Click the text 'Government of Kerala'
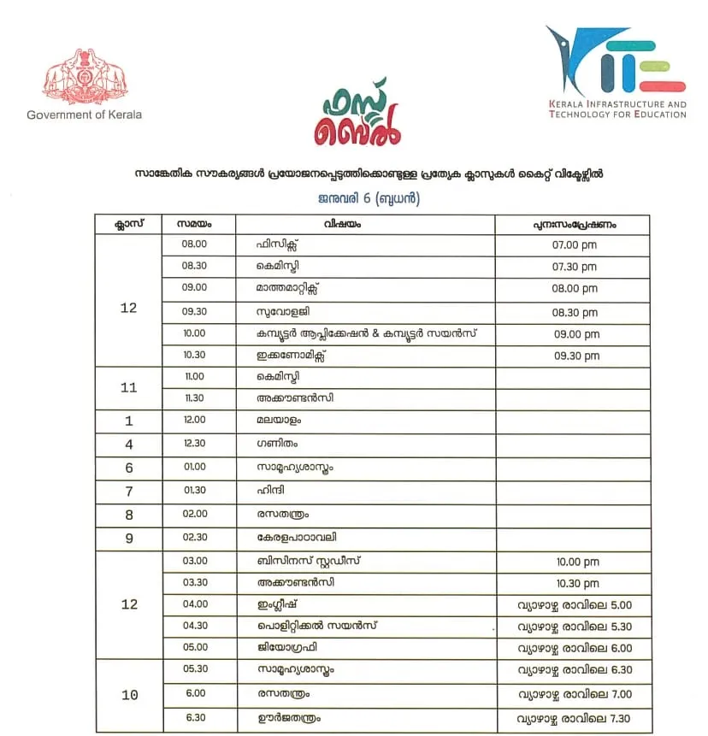(84, 115)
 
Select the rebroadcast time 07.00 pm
(575, 244)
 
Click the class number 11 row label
(129, 387)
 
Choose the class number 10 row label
(129, 695)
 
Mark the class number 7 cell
(129, 492)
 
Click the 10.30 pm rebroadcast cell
(575, 583)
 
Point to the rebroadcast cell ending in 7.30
(575, 717)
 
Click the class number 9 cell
(129, 539)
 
